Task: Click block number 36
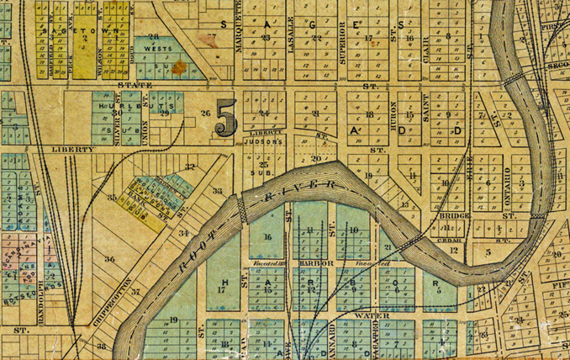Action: coord(108,258)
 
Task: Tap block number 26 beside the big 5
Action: coord(203,113)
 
